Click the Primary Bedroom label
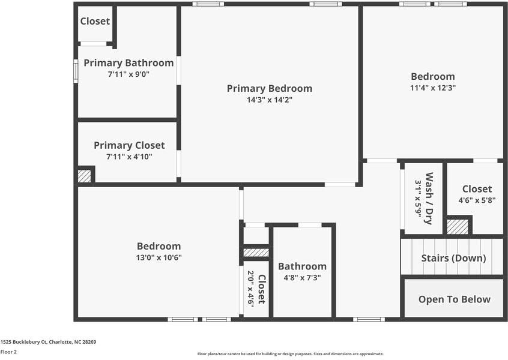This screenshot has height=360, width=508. (x=269, y=88)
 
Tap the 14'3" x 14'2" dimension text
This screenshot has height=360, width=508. (x=269, y=100)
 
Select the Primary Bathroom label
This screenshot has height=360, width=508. (x=129, y=62)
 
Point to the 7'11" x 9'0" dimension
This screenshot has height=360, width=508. (x=129, y=74)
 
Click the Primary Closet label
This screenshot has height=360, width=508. (x=129, y=145)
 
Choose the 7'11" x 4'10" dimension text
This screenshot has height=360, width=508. (x=129, y=157)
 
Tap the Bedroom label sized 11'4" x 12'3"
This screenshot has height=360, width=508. (x=432, y=76)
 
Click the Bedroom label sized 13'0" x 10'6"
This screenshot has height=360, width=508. (x=159, y=246)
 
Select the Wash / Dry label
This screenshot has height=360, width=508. (x=429, y=198)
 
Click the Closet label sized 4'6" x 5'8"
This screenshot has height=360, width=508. (x=477, y=189)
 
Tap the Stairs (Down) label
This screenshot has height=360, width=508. (x=453, y=258)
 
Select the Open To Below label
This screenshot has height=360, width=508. (x=454, y=299)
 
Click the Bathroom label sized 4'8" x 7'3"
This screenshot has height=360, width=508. (x=302, y=266)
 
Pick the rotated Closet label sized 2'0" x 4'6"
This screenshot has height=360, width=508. (x=261, y=289)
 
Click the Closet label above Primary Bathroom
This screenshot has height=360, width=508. (x=95, y=21)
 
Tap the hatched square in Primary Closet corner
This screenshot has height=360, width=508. (x=85, y=176)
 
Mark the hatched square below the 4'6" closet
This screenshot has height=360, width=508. (x=458, y=227)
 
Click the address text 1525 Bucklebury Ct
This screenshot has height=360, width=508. (x=48, y=341)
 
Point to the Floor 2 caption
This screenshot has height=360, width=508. (x=8, y=352)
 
